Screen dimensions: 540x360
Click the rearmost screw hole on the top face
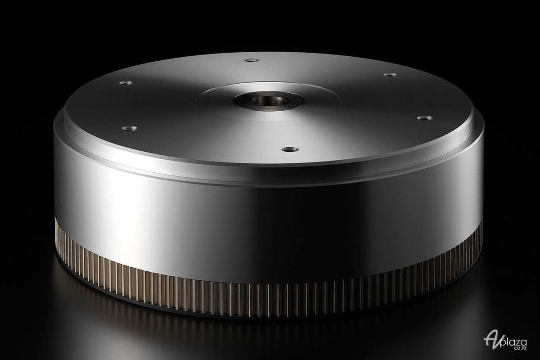point(252,60)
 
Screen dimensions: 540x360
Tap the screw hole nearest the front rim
point(290,149)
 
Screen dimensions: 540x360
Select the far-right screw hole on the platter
point(425,118)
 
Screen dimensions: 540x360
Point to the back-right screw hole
point(391,75)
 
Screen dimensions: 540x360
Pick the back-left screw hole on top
point(126,83)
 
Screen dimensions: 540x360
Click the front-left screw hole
point(130,129)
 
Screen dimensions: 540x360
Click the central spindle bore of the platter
point(268,101)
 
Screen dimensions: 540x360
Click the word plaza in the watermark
point(513,342)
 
